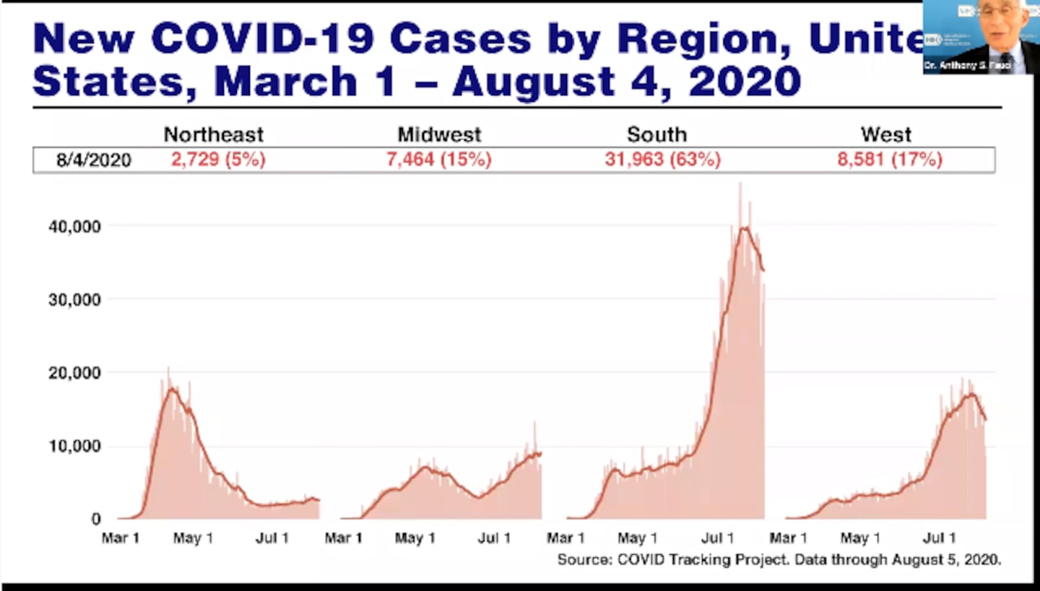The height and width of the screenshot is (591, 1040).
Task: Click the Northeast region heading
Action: pyautogui.click(x=214, y=134)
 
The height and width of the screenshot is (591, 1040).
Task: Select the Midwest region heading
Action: pyautogui.click(x=439, y=134)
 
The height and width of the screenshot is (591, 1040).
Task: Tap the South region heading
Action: pyautogui.click(x=656, y=134)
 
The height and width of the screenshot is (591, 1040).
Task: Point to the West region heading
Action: pyautogui.click(x=886, y=134)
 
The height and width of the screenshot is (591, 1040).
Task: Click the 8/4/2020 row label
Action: pyautogui.click(x=94, y=160)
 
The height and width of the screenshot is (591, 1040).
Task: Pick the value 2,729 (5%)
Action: pyautogui.click(x=218, y=160)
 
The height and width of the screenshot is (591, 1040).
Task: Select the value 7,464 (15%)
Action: pyautogui.click(x=439, y=160)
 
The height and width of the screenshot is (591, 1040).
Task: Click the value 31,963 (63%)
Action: pyautogui.click(x=662, y=160)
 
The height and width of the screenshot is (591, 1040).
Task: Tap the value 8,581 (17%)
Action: pyautogui.click(x=890, y=160)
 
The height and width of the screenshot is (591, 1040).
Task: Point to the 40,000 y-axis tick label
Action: pyautogui.click(x=74, y=227)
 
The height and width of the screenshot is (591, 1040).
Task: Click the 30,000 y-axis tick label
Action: pyautogui.click(x=74, y=299)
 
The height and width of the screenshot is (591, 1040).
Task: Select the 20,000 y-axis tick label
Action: pyautogui.click(x=74, y=373)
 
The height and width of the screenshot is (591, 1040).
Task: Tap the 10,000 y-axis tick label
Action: pyautogui.click(x=74, y=447)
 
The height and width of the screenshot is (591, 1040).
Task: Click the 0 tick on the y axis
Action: pyautogui.click(x=96, y=519)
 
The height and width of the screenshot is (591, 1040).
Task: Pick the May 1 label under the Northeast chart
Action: pyautogui.click(x=193, y=538)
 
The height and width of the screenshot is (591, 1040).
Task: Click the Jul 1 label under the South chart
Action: pyautogui.click(x=719, y=538)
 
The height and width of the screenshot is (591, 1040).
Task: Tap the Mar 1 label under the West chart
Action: pyautogui.click(x=788, y=538)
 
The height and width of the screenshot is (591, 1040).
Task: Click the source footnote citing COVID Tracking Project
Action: pyautogui.click(x=779, y=559)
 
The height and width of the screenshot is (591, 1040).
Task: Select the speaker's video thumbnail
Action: pyautogui.click(x=981, y=37)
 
